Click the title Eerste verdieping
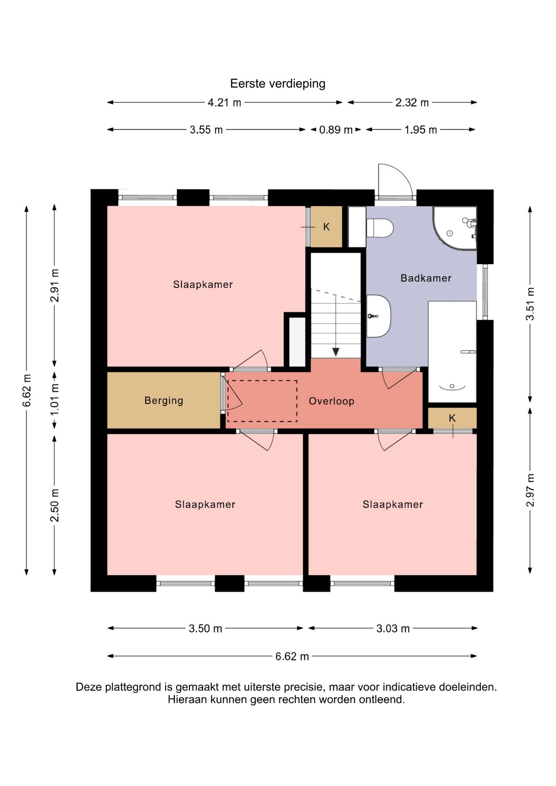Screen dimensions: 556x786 click(x=278, y=84)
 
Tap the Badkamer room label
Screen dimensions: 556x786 click(x=426, y=278)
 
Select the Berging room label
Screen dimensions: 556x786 click(x=164, y=400)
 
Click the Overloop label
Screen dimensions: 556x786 click(x=331, y=401)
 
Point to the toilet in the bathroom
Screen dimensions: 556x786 click(x=380, y=228)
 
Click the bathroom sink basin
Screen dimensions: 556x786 click(x=378, y=316)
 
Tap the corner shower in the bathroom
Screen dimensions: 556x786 click(x=455, y=228)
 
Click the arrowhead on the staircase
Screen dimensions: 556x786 click(x=336, y=352)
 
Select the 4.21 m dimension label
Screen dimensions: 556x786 click(x=224, y=102)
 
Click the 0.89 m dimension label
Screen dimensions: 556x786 click(x=336, y=130)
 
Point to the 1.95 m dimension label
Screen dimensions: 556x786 click(x=421, y=130)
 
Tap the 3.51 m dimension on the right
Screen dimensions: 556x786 click(x=530, y=304)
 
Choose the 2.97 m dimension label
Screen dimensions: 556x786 click(x=530, y=490)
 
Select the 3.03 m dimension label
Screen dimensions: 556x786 click(x=393, y=628)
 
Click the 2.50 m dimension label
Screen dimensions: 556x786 click(x=55, y=505)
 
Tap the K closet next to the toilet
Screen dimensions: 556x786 click(x=326, y=227)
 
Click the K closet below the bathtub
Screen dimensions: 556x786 click(x=452, y=418)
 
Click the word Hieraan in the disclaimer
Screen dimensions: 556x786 click(x=188, y=700)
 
